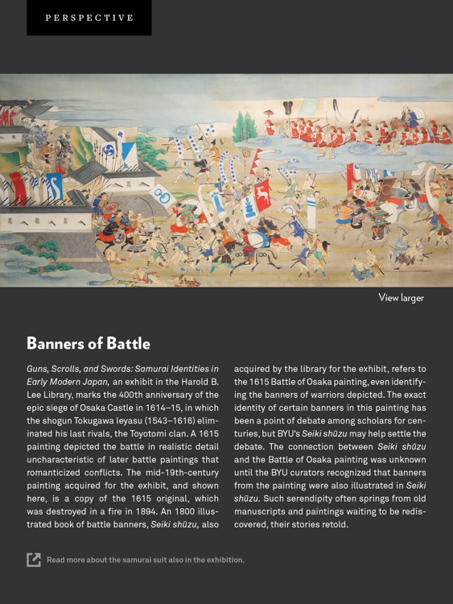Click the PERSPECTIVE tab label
[89, 18]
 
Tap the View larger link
[401, 298]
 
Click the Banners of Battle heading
[89, 343]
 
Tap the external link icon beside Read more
[34, 560]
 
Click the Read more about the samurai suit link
[145, 560]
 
